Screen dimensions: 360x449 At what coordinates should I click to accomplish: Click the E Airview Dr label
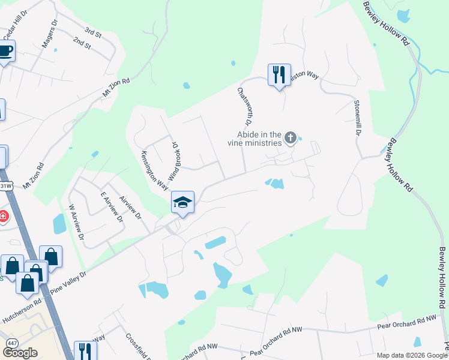[x=112, y=208]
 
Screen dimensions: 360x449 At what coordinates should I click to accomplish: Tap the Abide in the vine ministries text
[x=255, y=139]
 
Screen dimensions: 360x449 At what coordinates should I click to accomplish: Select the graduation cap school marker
[x=182, y=202]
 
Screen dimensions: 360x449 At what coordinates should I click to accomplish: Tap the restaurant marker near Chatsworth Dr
[x=279, y=74]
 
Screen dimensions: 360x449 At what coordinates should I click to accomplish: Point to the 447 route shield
[x=11, y=342]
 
